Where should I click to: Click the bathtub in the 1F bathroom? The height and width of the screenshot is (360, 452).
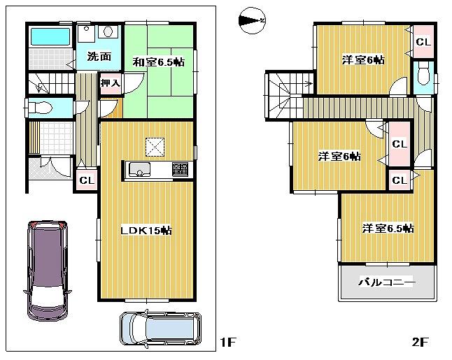[x=48, y=36]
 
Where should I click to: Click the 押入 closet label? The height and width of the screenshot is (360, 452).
[x=110, y=83]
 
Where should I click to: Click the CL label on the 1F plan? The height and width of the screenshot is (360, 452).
[x=87, y=180]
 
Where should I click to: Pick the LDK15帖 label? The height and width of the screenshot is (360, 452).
[x=148, y=230]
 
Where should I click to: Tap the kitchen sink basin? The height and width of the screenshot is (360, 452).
[x=137, y=170]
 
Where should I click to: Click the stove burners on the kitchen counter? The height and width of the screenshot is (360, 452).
[x=179, y=169]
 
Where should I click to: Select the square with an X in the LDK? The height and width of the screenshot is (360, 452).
[x=155, y=146]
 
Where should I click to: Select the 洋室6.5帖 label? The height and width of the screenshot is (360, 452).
[x=388, y=229]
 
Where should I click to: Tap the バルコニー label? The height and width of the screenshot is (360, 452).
[x=387, y=282]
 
